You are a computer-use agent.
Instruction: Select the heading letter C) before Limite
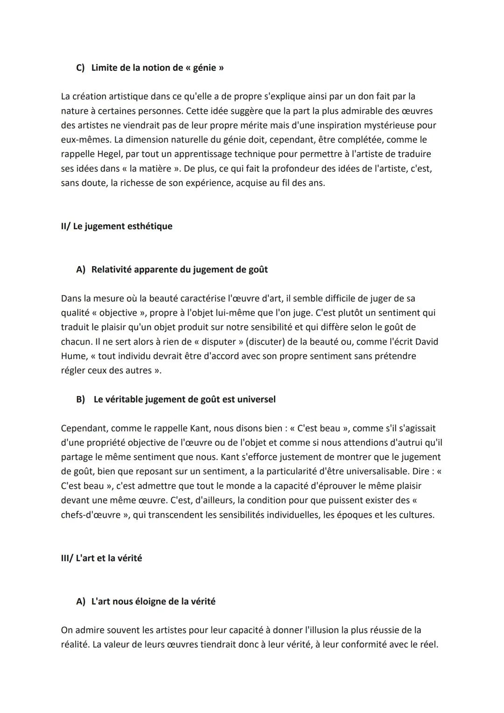[80, 68]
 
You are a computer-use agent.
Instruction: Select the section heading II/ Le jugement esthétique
[117, 226]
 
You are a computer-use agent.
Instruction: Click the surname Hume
[73, 356]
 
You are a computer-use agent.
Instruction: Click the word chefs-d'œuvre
[89, 515]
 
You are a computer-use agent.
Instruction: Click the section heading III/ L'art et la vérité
[101, 558]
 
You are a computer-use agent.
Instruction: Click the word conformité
[368, 645]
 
